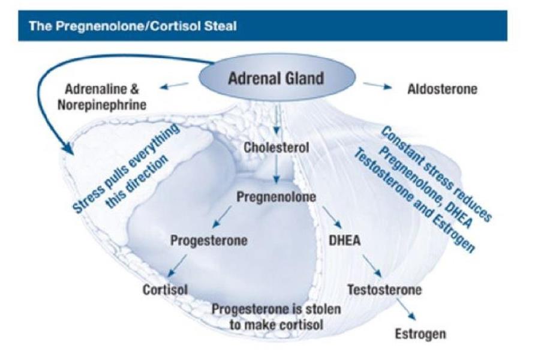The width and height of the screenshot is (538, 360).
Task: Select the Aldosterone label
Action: click(x=442, y=89)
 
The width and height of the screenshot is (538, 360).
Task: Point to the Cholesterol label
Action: click(x=276, y=147)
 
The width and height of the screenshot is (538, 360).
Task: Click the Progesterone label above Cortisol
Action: click(x=209, y=241)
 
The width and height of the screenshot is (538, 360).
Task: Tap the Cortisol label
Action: click(x=165, y=290)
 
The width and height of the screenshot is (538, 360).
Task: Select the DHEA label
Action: click(x=345, y=241)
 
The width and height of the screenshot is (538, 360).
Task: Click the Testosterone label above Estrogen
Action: click(x=384, y=290)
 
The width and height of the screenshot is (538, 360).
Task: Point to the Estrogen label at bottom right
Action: click(x=420, y=334)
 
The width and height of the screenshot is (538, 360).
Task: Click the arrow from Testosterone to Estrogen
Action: click(x=406, y=310)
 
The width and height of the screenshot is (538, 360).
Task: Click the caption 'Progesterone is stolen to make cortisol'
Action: click(x=276, y=316)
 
